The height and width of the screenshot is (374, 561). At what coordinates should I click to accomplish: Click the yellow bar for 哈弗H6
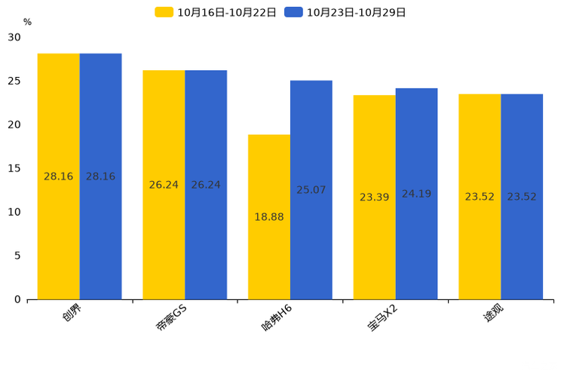pos(269,217)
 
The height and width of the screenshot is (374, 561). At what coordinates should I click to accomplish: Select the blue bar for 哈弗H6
pos(311,190)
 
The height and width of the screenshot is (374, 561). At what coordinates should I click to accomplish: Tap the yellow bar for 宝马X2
pos(374,198)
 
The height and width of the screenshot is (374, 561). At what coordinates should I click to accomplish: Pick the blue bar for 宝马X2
pos(416,194)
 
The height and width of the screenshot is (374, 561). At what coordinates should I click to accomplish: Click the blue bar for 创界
pos(100,176)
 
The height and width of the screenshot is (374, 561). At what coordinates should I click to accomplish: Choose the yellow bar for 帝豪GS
pos(164,185)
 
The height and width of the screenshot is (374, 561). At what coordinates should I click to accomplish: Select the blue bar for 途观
pos(522,197)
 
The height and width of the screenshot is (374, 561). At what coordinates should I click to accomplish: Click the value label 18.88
pos(269,217)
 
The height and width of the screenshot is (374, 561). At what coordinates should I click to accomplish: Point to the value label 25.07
pos(311,190)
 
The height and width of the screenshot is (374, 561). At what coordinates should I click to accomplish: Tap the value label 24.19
pos(416,194)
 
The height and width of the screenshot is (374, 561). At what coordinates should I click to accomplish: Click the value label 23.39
pos(374,198)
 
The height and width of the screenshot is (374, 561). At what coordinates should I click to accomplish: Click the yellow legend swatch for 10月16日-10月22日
pos(164,12)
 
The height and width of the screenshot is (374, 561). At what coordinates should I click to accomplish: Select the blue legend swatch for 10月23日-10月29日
pos(293,12)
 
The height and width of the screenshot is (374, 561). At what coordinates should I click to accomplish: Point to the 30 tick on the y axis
pos(14,37)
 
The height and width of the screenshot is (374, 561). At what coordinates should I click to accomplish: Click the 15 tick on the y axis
pos(14,169)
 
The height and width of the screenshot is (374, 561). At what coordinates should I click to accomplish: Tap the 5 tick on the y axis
pos(17,256)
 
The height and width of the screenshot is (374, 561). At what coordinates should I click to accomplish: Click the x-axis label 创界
pos(72,312)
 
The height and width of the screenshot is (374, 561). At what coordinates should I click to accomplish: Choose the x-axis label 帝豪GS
pos(171,317)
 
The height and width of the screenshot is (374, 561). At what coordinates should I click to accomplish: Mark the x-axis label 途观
pos(493,312)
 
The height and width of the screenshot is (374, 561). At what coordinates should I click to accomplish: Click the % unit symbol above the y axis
pos(28,22)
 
